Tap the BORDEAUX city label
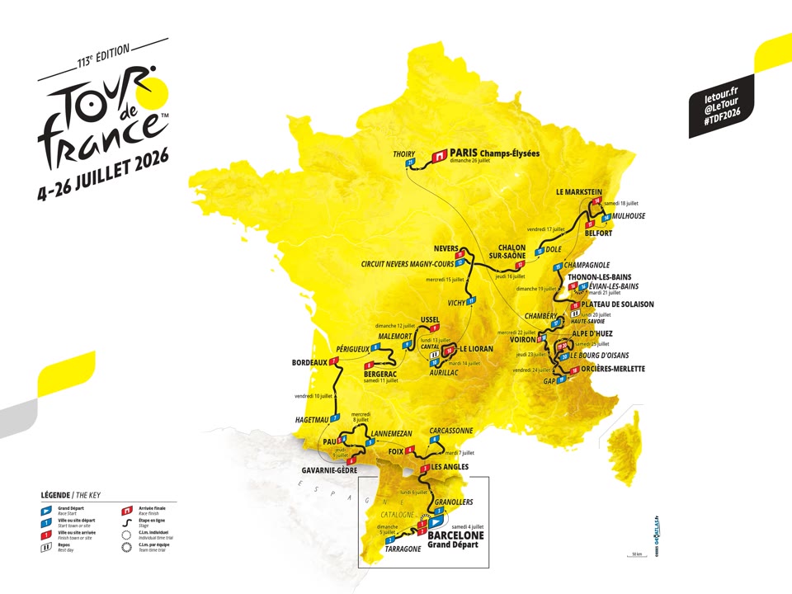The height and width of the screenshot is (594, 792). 309,362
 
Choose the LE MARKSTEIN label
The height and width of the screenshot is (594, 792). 584,191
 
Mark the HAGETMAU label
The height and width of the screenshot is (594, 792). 308,420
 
